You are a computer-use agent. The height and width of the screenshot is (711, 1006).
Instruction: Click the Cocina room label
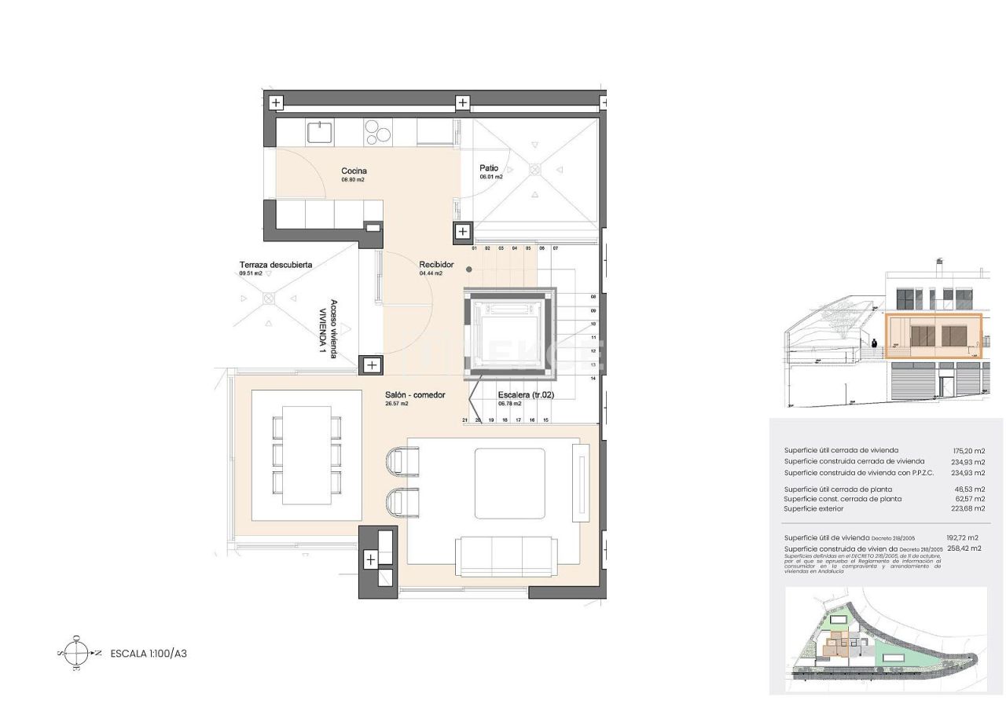pyautogui.click(x=354, y=170)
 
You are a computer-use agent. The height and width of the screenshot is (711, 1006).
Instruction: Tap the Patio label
pyautogui.click(x=490, y=168)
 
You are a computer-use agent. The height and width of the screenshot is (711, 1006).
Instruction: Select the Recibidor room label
pyautogui.click(x=436, y=265)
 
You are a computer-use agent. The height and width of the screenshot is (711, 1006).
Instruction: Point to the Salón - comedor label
pyautogui.click(x=415, y=395)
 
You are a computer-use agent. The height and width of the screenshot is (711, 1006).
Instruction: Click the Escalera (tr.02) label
pyautogui.click(x=526, y=395)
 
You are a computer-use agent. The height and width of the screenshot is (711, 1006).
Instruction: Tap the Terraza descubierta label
pyautogui.click(x=275, y=265)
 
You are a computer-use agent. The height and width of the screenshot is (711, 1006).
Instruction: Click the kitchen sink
pyautogui.click(x=319, y=132)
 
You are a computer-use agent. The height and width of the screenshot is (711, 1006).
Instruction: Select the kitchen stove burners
pyautogui.click(x=378, y=131)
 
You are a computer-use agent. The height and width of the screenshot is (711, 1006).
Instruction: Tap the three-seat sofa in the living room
pyautogui.click(x=504, y=555)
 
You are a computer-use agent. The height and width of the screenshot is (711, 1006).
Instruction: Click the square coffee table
pyautogui.click(x=509, y=484)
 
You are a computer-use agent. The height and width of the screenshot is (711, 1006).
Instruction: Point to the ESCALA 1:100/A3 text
pyautogui.click(x=149, y=653)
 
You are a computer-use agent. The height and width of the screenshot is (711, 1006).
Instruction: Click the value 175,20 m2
pyautogui.click(x=968, y=451)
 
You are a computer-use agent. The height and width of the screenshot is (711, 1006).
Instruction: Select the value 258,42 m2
pyautogui.click(x=964, y=548)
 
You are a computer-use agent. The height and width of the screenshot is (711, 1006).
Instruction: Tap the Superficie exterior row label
pyautogui.click(x=813, y=509)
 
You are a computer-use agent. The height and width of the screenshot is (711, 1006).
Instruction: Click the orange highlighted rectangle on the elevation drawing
pyautogui.click(x=934, y=336)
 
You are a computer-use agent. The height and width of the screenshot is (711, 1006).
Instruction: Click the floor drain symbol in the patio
pyautogui.click(x=535, y=169)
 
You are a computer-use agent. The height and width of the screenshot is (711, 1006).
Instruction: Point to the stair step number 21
pyautogui.click(x=465, y=420)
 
